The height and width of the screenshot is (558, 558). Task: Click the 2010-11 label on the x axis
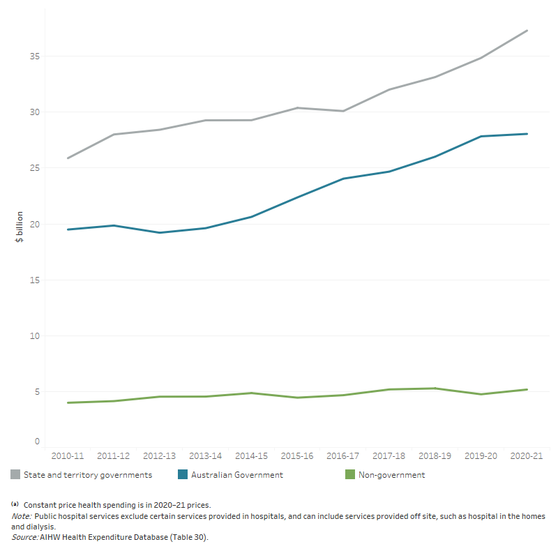pyautogui.click(x=68, y=455)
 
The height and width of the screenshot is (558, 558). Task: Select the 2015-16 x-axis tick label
pyautogui.click(x=297, y=455)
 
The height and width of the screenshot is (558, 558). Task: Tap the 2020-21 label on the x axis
pyautogui.click(x=527, y=455)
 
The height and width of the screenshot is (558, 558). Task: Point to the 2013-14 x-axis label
pyautogui.click(x=205, y=455)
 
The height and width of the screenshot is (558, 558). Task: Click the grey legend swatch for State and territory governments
pyautogui.click(x=15, y=475)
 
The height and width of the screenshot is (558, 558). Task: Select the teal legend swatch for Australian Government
pyautogui.click(x=183, y=475)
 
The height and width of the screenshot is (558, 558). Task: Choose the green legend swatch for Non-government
pyautogui.click(x=350, y=475)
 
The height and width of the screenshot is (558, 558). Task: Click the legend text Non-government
pyautogui.click(x=391, y=475)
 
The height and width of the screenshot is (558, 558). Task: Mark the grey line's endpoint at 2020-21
pyautogui.click(x=527, y=31)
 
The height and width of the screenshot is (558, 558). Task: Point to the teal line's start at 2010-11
pyautogui.click(x=68, y=229)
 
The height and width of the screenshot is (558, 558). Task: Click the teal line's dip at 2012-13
pyautogui.click(x=160, y=232)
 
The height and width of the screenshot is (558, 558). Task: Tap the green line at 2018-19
pyautogui.click(x=435, y=389)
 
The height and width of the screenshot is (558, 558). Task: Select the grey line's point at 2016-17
pyautogui.click(x=343, y=111)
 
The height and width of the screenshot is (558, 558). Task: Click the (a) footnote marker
pyautogui.click(x=15, y=504)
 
